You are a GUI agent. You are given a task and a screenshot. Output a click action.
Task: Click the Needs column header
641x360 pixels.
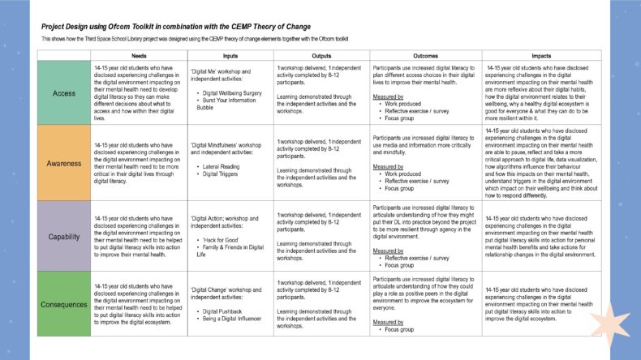138,55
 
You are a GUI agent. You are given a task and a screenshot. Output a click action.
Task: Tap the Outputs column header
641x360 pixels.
321,55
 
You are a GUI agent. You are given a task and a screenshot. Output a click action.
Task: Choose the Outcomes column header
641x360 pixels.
425,55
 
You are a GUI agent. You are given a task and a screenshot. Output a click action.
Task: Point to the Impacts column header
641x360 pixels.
542,55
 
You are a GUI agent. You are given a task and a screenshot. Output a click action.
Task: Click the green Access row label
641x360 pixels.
64,93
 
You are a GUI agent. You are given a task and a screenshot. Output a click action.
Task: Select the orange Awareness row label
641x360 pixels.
64,163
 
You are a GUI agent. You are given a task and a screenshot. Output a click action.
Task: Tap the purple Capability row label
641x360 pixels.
64,235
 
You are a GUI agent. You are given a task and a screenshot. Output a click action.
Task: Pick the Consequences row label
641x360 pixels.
64,305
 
